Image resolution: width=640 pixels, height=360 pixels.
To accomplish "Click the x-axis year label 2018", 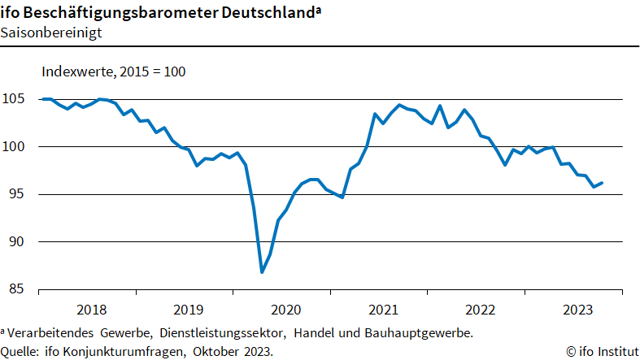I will [91, 310].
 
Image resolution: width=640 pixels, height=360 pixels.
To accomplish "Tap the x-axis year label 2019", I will [188, 310].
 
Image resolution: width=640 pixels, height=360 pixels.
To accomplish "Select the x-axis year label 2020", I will [285, 310].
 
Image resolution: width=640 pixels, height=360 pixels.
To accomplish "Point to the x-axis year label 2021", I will [382, 310].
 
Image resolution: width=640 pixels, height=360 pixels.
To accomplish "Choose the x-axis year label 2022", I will [480, 310].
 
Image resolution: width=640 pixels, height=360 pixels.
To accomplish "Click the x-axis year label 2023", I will [577, 310].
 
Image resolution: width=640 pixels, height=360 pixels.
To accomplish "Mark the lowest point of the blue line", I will [262, 272].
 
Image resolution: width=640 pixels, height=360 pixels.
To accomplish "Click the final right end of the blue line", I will [602, 183].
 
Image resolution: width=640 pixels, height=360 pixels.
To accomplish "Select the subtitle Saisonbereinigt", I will [50, 33].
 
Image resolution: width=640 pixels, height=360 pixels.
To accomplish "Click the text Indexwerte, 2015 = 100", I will [114, 72].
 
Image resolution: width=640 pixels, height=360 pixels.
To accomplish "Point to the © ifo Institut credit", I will [601, 351].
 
